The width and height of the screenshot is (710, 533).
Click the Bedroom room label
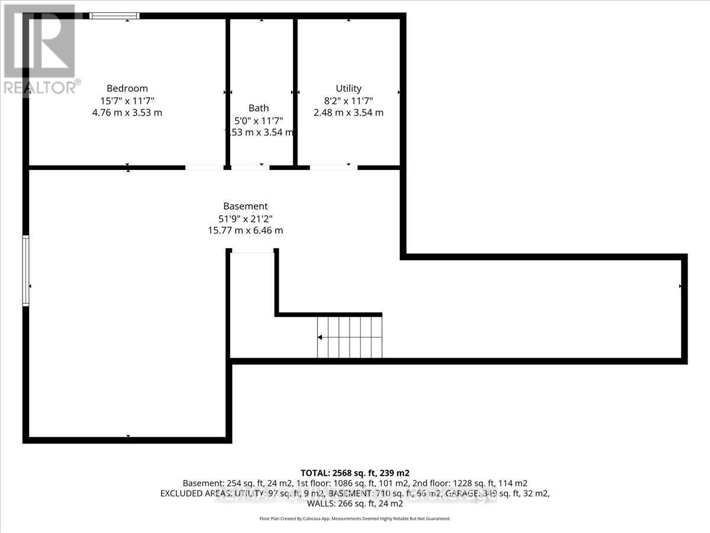127,88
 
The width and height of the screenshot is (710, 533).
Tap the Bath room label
259,108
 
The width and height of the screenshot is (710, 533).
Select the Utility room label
348,88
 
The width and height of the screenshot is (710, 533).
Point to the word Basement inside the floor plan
246,206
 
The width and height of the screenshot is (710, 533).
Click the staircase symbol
349,337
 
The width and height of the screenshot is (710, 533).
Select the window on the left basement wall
26,271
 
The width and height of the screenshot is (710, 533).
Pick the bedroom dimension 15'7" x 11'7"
127,101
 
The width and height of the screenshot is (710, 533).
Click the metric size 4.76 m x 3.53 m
127,113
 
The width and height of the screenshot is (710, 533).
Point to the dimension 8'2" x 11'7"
348,101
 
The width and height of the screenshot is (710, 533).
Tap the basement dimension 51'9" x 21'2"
246,218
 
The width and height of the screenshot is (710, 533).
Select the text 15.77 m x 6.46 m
246,230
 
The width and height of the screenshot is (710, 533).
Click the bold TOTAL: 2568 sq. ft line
355,473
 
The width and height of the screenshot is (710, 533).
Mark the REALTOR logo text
41,87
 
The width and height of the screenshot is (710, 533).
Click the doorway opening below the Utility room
334,168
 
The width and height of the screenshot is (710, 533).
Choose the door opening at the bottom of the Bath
249,168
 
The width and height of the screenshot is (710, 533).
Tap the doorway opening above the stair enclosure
253,252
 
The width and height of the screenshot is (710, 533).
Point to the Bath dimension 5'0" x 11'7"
259,120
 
